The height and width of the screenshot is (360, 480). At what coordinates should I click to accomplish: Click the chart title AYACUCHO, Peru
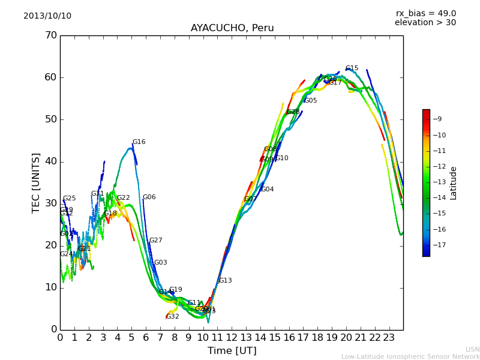click(x=232, y=28)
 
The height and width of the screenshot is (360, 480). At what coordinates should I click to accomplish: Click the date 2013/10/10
click(x=47, y=16)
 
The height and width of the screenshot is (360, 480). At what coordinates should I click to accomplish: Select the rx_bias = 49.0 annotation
click(x=425, y=14)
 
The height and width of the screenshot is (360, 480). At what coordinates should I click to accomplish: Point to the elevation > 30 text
click(x=425, y=23)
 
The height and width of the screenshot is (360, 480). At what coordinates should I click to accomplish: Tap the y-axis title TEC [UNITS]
click(x=37, y=182)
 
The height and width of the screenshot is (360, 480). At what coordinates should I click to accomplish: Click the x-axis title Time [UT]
click(x=232, y=351)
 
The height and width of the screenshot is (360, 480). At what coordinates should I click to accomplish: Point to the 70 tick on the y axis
click(x=51, y=35)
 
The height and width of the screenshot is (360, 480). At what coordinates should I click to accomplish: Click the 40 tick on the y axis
click(x=51, y=161)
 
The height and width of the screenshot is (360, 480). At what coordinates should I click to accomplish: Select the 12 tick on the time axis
click(x=232, y=337)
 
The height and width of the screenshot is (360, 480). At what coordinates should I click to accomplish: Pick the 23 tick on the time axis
click(x=389, y=337)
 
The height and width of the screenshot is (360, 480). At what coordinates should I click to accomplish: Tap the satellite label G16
click(x=139, y=142)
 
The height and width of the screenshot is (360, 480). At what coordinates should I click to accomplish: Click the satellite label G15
click(x=352, y=68)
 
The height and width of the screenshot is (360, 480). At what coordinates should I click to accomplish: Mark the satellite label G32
click(x=173, y=316)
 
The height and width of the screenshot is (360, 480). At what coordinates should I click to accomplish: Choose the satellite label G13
click(x=225, y=281)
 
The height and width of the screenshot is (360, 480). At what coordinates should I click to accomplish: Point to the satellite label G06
click(x=149, y=197)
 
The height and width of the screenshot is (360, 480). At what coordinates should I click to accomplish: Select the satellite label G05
click(x=310, y=101)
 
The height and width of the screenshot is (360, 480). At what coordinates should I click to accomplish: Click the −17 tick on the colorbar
click(x=439, y=245)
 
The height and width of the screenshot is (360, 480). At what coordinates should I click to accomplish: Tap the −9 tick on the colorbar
click(x=439, y=119)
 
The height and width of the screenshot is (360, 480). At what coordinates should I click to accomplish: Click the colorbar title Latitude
click(x=454, y=183)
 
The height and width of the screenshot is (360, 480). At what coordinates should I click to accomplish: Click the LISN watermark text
click(x=472, y=349)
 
